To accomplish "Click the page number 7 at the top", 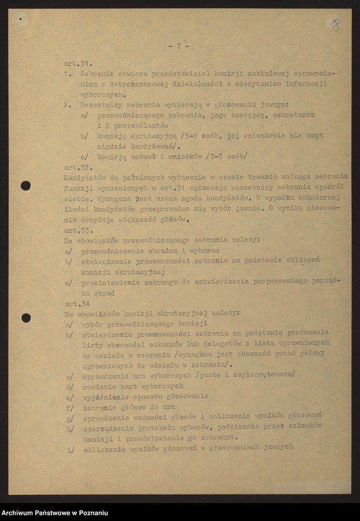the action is coord(178,46).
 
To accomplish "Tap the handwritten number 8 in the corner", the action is coord(335,25).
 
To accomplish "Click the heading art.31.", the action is coord(78,63).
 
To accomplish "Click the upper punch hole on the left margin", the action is coord(25,185).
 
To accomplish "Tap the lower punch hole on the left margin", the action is coord(25,318).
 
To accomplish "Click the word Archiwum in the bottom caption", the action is coord(23,512).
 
